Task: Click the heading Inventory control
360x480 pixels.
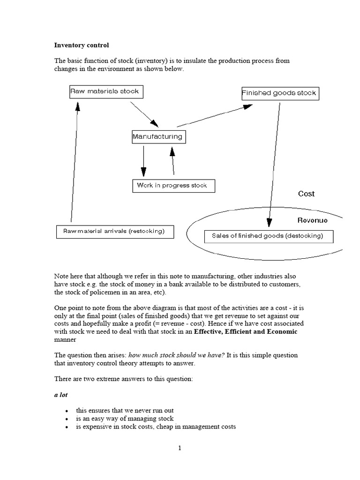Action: (x=82, y=45)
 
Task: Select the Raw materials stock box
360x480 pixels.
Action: (x=106, y=91)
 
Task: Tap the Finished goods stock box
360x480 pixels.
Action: (x=279, y=93)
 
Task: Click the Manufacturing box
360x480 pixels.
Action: (x=158, y=137)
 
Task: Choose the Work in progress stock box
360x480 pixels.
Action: (x=173, y=186)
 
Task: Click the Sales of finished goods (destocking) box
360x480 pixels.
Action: (x=269, y=236)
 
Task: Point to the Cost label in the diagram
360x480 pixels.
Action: (x=307, y=194)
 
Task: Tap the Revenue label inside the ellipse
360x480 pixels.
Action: (x=312, y=220)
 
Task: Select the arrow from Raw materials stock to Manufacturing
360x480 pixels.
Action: (x=144, y=114)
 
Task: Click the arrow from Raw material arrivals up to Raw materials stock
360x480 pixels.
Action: (x=75, y=162)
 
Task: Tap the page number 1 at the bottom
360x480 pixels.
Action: (x=180, y=448)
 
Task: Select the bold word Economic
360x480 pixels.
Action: (x=281, y=331)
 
